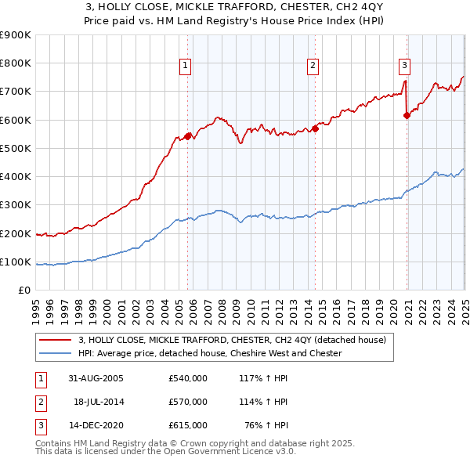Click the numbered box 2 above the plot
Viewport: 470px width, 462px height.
click(313, 66)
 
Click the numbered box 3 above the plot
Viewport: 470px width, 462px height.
click(405, 66)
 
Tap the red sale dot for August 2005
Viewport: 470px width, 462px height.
click(188, 136)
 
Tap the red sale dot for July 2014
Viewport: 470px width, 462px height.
click(315, 128)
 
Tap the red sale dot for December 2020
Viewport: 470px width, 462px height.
click(407, 115)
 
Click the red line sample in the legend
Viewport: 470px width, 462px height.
click(55, 341)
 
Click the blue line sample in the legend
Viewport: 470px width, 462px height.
click(55, 353)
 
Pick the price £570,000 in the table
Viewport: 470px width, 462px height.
click(187, 402)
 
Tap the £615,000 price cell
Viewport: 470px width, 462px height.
click(187, 425)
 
